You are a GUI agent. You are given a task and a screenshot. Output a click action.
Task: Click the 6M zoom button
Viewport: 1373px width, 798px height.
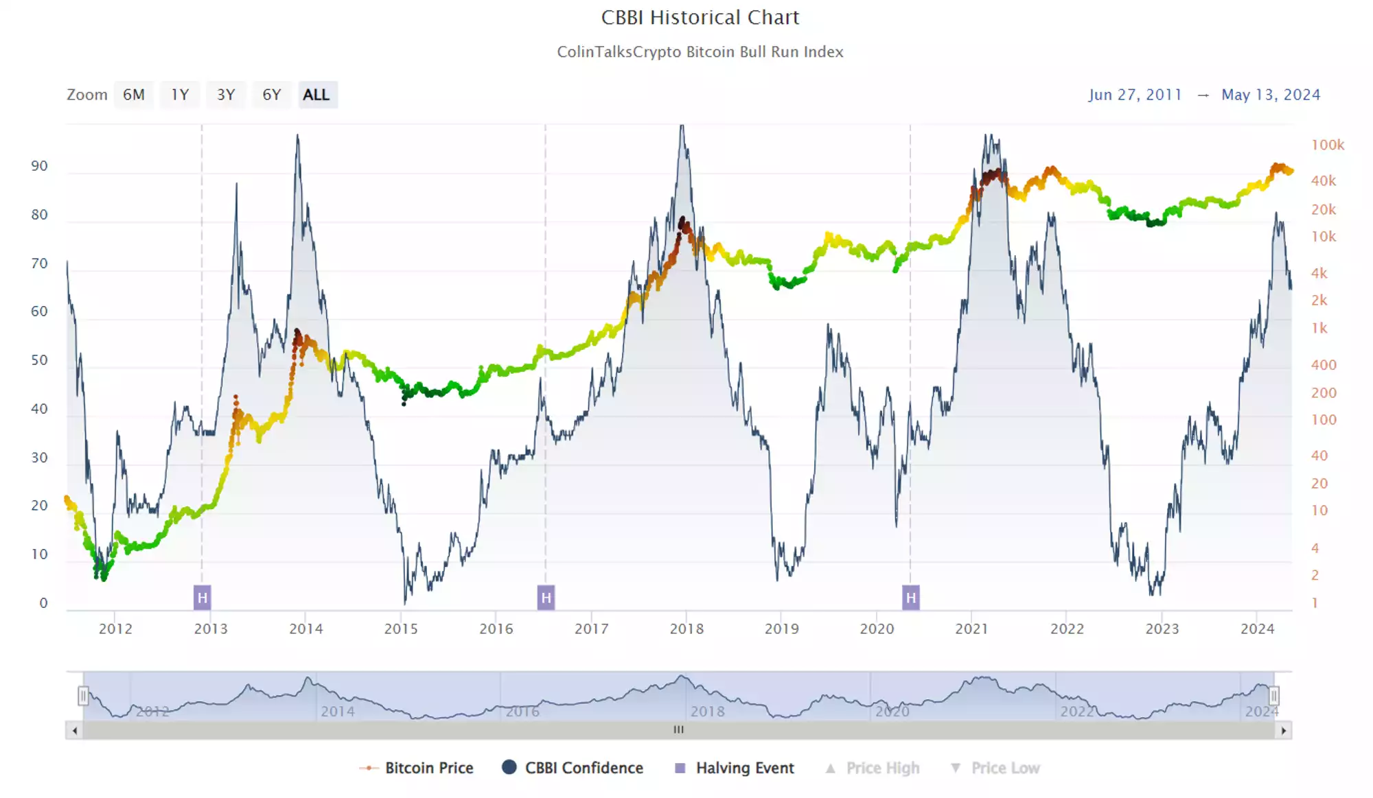coord(134,95)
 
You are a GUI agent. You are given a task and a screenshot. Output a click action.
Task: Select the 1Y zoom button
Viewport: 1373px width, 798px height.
coord(180,95)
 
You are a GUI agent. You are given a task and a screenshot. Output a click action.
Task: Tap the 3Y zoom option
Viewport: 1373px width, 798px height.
coord(226,95)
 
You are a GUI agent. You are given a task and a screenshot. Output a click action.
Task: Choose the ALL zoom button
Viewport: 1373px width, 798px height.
coord(316,95)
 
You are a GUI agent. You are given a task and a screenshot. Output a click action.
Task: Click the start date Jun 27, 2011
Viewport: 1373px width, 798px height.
coord(1135,95)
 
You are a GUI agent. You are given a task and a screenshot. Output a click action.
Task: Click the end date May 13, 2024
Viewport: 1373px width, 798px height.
coord(1270,95)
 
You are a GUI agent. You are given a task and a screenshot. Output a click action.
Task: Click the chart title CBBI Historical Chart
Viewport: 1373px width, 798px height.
coord(700,17)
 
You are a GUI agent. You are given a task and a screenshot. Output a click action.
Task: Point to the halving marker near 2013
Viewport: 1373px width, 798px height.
coord(202,598)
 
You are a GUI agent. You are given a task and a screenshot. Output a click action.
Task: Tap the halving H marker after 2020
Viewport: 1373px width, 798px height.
coord(910,598)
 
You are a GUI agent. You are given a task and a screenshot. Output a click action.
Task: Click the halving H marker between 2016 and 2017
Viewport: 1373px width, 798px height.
coord(546,598)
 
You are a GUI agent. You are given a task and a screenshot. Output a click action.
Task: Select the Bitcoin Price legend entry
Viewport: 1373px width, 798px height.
coord(417,768)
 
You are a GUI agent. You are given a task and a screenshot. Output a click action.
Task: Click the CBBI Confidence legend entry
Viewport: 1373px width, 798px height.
coord(573,768)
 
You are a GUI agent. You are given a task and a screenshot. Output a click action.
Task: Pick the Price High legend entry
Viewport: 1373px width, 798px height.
coord(873,768)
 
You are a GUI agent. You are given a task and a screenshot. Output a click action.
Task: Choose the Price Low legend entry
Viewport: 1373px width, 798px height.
coord(995,768)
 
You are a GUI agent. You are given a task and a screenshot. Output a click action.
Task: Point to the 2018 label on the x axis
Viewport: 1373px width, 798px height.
coord(686,629)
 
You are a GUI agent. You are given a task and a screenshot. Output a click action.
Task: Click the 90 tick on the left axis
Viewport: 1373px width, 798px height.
coord(40,166)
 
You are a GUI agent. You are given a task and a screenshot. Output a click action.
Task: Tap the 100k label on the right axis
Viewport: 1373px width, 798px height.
coord(1327,145)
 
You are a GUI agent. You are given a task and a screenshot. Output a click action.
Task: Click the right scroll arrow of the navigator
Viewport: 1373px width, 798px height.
coord(1283,731)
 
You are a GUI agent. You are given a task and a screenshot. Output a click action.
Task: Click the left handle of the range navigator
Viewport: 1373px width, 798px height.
coord(83,696)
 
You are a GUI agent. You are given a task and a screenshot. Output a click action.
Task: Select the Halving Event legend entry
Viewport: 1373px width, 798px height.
coord(735,768)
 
